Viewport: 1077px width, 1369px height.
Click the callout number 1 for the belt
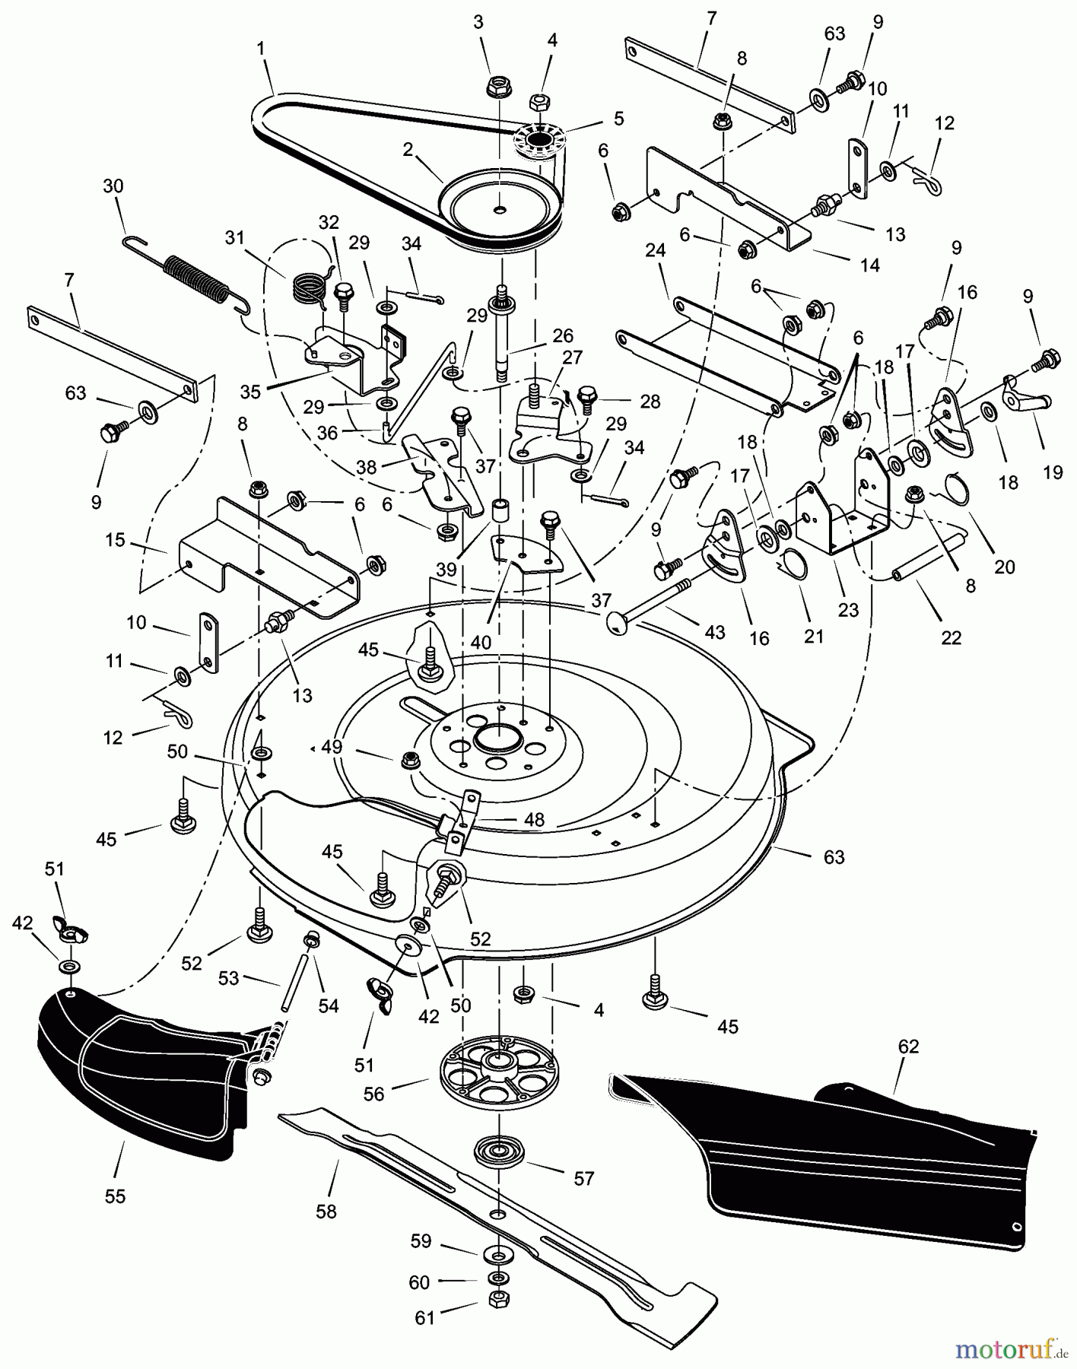click(x=261, y=49)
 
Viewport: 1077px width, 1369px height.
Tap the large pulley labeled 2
click(x=500, y=205)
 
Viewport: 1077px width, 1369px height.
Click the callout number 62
click(x=908, y=1047)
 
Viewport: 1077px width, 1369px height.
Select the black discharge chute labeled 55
click(x=137, y=1072)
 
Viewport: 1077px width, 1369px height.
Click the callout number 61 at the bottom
click(x=424, y=1317)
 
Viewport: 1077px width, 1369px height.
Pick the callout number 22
click(x=951, y=637)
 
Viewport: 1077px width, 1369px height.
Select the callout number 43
click(x=714, y=631)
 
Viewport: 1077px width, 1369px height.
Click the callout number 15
click(x=115, y=541)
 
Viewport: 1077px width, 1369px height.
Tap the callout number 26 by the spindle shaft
click(x=563, y=335)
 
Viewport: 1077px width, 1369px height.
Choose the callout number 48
click(x=534, y=820)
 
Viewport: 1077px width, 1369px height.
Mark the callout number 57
click(x=583, y=1178)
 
